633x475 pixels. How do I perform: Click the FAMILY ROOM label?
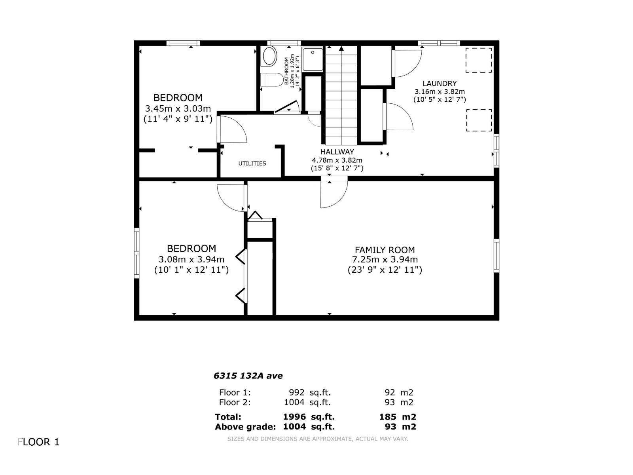click(x=385, y=250)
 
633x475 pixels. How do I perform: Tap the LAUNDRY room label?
click(x=440, y=84)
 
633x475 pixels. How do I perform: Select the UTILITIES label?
click(x=252, y=163)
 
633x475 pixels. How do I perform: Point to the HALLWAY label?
click(x=337, y=152)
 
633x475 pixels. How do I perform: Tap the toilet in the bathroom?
click(x=273, y=80)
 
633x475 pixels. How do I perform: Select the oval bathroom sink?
click(x=269, y=56)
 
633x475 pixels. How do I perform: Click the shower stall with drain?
click(x=313, y=59)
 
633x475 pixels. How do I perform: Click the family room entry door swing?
click(x=333, y=194)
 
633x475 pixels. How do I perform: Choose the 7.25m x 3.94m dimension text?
click(x=385, y=260)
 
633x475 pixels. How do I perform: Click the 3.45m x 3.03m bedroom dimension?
click(x=178, y=108)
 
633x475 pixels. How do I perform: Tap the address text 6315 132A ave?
click(x=248, y=376)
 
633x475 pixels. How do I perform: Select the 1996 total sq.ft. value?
click(x=294, y=417)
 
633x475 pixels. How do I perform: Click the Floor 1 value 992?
click(x=297, y=393)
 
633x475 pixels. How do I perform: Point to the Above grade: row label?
click(x=245, y=427)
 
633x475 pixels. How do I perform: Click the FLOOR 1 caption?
click(x=39, y=442)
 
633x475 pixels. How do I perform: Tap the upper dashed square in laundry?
click(x=478, y=60)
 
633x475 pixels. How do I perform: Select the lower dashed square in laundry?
click(x=479, y=120)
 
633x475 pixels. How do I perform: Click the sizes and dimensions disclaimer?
click(x=317, y=439)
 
